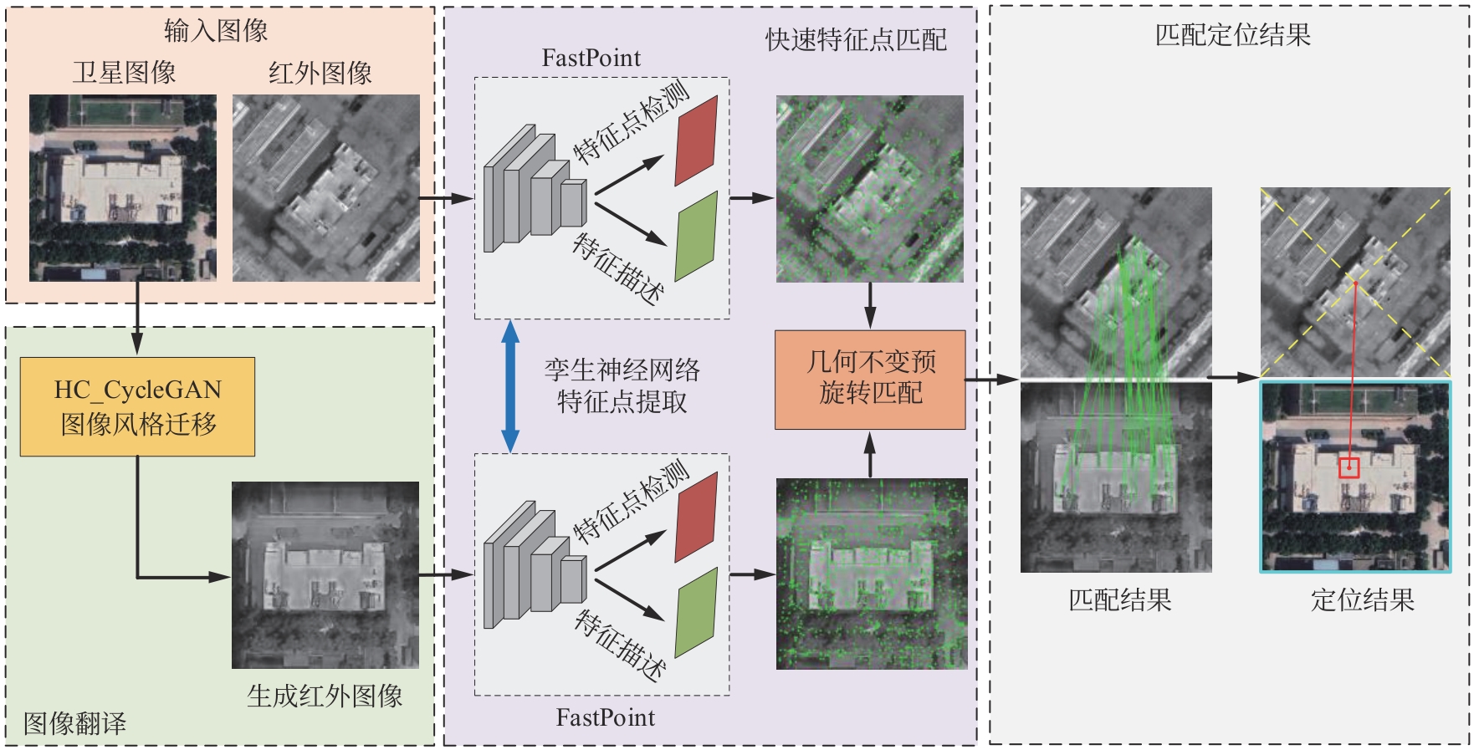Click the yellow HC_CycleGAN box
coord(137,406)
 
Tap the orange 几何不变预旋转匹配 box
coord(870,380)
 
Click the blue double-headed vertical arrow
coord(509,386)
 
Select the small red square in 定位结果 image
coord(1349,467)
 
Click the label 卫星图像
coord(124,73)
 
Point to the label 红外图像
coord(320,73)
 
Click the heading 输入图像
coord(216,31)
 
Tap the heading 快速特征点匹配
coord(856,39)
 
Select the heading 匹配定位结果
coord(1232,34)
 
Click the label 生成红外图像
coord(325,696)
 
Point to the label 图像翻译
coord(74,723)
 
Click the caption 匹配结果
coord(1119,599)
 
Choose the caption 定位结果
coord(1362,599)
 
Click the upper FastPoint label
coord(591,58)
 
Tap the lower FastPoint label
coord(605,717)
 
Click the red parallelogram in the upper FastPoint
coord(696,140)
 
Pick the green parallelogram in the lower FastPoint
coord(696,612)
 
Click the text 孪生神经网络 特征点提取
coord(622,385)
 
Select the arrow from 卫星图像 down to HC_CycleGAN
coord(137,318)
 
